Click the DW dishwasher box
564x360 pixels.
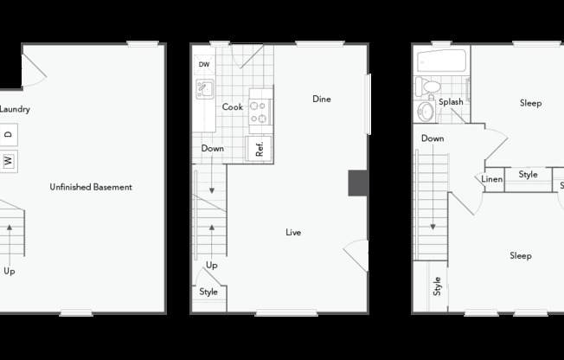click(x=204, y=65)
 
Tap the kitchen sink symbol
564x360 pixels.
click(x=205, y=89)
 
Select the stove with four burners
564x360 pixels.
click(x=260, y=112)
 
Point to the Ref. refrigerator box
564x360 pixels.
click(x=259, y=148)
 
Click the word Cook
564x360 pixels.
click(x=233, y=107)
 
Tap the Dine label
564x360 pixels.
click(x=322, y=99)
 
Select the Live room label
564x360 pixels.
click(x=293, y=233)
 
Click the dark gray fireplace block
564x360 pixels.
click(x=357, y=183)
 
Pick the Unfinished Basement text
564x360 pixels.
click(x=91, y=187)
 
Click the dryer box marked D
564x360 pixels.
click(x=9, y=135)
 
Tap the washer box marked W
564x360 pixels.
click(x=9, y=161)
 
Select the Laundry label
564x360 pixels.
click(x=15, y=109)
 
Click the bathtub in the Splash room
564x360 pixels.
click(x=442, y=61)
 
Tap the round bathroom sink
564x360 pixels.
click(x=426, y=112)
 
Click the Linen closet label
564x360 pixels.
click(x=491, y=179)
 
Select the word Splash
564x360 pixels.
click(x=451, y=102)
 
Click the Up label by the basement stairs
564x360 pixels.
click(x=10, y=271)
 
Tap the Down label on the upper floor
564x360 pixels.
click(x=433, y=138)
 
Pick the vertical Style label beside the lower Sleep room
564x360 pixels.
click(x=437, y=286)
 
